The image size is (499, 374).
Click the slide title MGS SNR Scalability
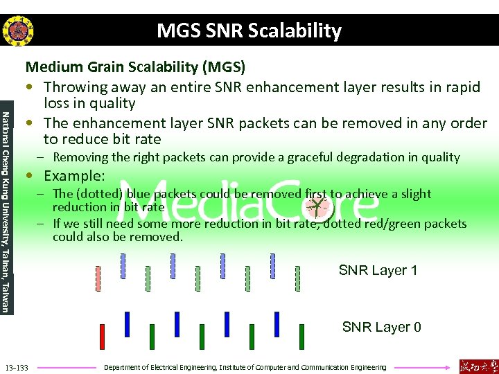[249, 31]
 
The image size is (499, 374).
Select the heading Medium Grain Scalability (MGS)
[135, 67]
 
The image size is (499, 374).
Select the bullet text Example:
[74, 176]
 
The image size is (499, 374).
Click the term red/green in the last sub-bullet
[394, 224]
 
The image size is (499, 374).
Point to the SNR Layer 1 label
[378, 270]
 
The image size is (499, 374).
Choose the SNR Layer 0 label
[381, 327]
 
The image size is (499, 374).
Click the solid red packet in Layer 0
[102, 337]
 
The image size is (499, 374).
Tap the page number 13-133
[17, 367]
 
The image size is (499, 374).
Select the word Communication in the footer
[324, 367]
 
